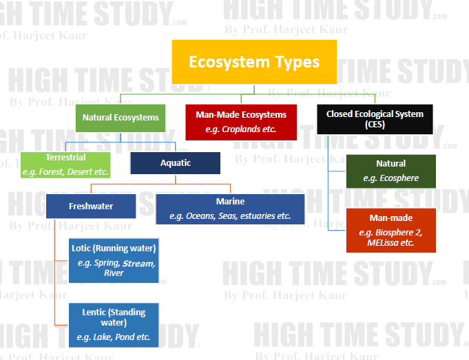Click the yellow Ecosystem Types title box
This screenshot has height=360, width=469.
[253, 62]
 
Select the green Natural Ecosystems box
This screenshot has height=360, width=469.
[121, 117]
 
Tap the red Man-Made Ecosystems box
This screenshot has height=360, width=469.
[240, 122]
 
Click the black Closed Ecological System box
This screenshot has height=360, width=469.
[375, 119]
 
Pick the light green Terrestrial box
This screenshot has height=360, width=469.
[65, 165]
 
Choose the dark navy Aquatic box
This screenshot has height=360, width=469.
[175, 163]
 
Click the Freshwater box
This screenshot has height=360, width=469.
[91, 206]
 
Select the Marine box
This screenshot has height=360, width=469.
[230, 209]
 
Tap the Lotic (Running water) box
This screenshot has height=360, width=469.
[114, 260]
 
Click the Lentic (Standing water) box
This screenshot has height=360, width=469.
[114, 325]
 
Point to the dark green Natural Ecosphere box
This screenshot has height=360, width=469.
[390, 171]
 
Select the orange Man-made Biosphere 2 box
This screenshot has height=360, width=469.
[390, 230]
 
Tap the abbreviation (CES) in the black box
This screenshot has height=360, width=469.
[375, 125]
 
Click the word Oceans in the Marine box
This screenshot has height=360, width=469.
[202, 216]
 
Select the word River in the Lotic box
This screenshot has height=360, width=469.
[114, 273]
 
